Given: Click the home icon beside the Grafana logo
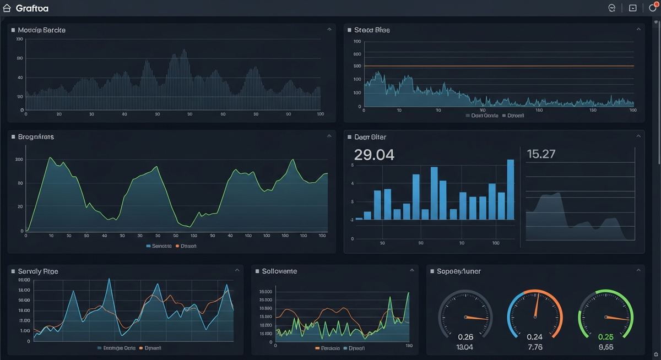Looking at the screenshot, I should (7, 8).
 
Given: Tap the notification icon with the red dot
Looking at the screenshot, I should (653, 8).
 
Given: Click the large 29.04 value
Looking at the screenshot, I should (374, 155).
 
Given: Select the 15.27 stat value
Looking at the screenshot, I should (541, 154).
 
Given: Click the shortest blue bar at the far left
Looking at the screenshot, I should (359, 219).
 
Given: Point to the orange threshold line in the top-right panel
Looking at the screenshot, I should (496, 66).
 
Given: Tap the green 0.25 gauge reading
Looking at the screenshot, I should (605, 337).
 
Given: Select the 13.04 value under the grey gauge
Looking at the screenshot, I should (465, 347).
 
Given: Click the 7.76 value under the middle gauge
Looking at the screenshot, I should (534, 347).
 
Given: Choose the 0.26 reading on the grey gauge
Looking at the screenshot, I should (465, 337).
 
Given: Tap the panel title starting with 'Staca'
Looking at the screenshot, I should (372, 30).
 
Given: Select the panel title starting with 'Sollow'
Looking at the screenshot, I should (279, 271).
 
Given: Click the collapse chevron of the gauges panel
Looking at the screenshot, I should (638, 270).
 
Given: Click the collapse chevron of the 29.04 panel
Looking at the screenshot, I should (638, 135).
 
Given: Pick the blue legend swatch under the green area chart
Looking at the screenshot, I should (149, 246).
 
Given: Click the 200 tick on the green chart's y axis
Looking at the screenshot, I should (19, 160).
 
